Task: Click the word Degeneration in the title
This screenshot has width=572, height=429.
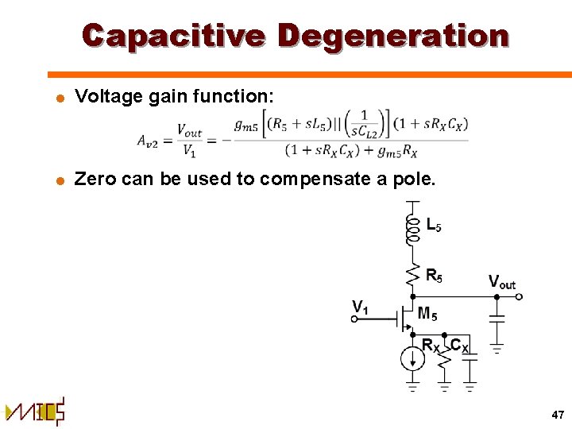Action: [394, 36]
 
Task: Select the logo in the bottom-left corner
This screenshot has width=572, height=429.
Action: [36, 412]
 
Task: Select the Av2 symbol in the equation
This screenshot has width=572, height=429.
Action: [150, 141]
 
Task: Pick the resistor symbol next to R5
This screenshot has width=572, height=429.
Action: [412, 275]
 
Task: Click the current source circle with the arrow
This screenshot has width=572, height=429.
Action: [412, 357]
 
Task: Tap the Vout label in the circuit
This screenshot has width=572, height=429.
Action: [501, 282]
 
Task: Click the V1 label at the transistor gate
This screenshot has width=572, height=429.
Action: [361, 306]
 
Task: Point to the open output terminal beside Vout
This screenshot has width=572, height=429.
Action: [520, 297]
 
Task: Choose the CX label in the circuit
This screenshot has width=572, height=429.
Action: [460, 345]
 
